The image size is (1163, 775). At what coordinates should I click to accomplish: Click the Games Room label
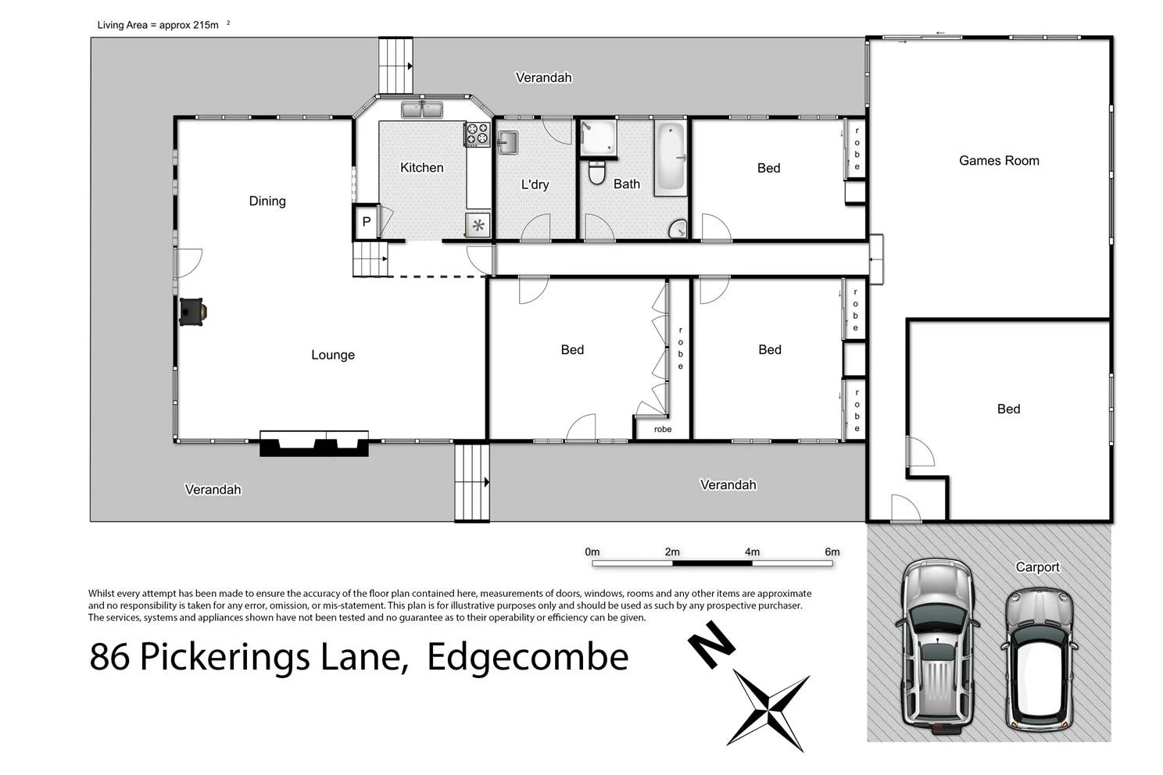pyautogui.click(x=998, y=161)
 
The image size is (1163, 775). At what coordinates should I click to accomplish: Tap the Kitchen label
pyautogui.click(x=421, y=167)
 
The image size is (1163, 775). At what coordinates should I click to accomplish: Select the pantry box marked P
pyautogui.click(x=366, y=222)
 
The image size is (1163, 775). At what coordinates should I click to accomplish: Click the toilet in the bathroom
pyautogui.click(x=597, y=172)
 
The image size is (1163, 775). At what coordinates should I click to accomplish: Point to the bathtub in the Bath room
pyautogui.click(x=670, y=159)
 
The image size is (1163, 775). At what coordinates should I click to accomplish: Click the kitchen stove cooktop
pyautogui.click(x=477, y=134)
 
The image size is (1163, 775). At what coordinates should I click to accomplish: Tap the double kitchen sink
pyautogui.click(x=422, y=110)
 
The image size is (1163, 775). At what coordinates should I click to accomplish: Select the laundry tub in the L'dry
pyautogui.click(x=507, y=142)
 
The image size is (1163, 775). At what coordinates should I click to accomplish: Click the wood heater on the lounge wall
pyautogui.click(x=192, y=312)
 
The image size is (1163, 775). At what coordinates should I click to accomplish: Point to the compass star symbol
pyautogui.click(x=769, y=712)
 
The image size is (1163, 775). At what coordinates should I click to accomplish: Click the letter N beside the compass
pyautogui.click(x=711, y=645)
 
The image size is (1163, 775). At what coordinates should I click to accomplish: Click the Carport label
pyautogui.click(x=1037, y=567)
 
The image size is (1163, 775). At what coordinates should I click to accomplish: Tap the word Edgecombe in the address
pyautogui.click(x=528, y=656)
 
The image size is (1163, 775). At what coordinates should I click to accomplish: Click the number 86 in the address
pyautogui.click(x=109, y=656)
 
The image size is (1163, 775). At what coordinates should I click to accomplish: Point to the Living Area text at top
pyautogui.click(x=158, y=25)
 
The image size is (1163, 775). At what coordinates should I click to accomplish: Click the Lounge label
pyautogui.click(x=333, y=355)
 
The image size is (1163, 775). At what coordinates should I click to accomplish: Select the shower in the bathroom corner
pyautogui.click(x=598, y=138)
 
